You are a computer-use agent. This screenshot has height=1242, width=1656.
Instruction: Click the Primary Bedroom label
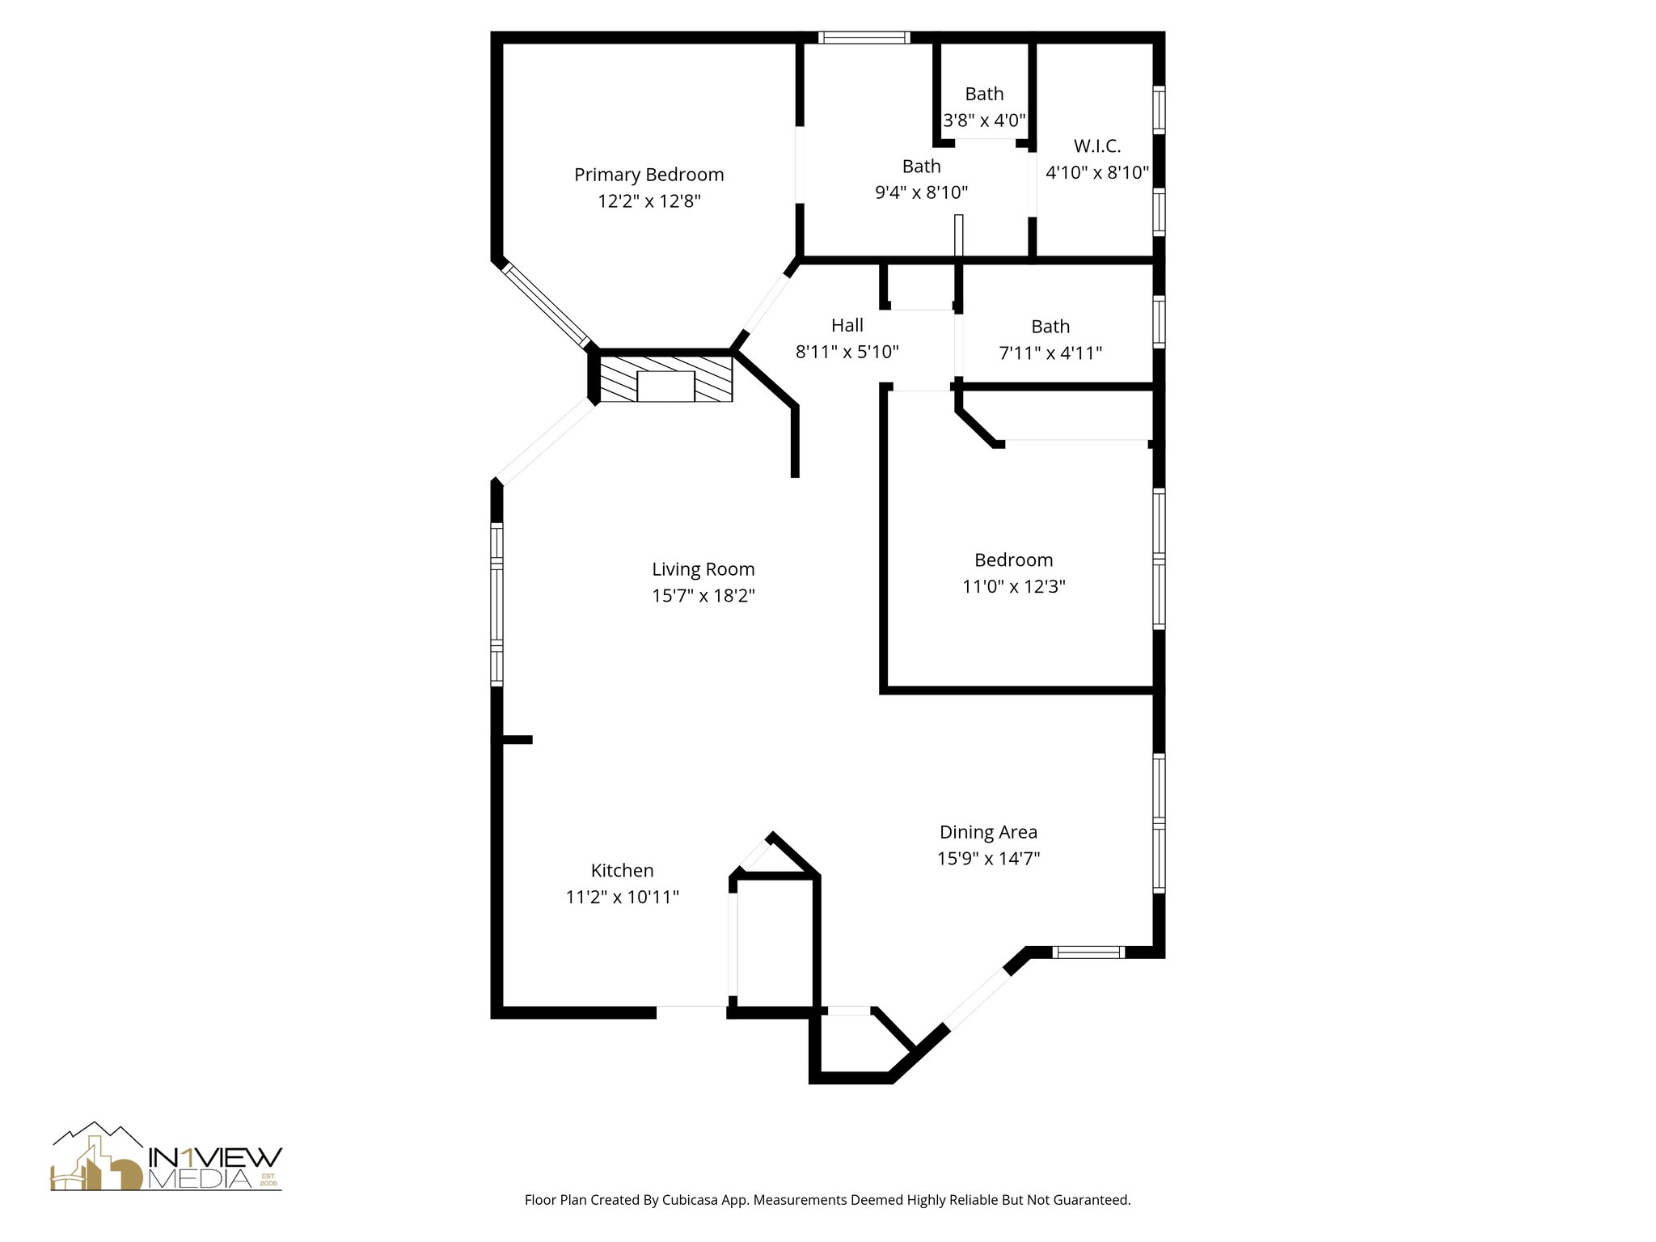click(x=648, y=175)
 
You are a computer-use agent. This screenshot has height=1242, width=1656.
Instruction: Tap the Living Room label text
click(x=703, y=569)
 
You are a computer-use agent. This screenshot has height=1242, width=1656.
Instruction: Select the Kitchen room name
click(x=623, y=870)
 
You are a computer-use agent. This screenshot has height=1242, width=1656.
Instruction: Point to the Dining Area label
click(x=988, y=831)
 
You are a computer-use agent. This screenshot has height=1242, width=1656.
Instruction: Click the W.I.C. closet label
click(x=1097, y=146)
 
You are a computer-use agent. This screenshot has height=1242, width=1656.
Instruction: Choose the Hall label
click(x=847, y=325)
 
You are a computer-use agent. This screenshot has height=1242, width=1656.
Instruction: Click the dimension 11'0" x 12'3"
click(x=1014, y=586)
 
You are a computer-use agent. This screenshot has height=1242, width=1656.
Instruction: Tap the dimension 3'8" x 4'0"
click(x=985, y=120)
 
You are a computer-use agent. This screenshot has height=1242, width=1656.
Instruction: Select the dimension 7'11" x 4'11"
click(x=1051, y=353)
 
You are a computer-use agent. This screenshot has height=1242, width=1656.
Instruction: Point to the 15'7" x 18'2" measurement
click(x=703, y=596)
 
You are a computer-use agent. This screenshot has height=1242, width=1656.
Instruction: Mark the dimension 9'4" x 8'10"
click(x=922, y=192)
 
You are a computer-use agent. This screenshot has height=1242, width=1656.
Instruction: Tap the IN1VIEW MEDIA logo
click(x=167, y=1156)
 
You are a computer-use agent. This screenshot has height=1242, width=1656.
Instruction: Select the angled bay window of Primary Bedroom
click(x=546, y=306)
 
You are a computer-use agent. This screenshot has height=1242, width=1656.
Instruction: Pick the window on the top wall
click(x=864, y=37)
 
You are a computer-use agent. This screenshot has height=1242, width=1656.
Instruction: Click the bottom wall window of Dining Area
click(x=1090, y=953)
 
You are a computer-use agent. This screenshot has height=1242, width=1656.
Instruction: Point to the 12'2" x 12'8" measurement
click(x=649, y=201)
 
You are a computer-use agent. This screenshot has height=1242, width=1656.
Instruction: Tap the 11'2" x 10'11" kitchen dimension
click(x=623, y=897)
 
